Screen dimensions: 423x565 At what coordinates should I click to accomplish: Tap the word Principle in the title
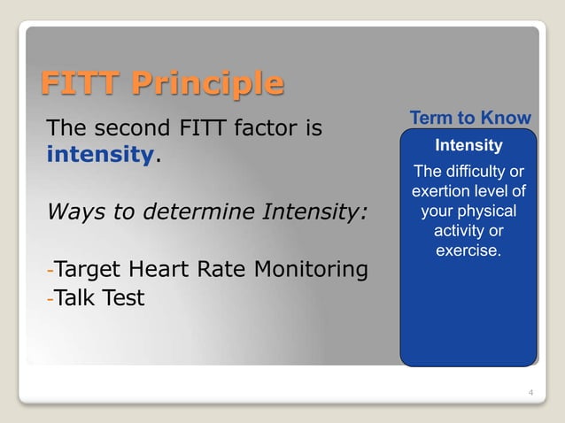click(x=208, y=85)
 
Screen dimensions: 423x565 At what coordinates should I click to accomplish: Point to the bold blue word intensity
click(x=100, y=157)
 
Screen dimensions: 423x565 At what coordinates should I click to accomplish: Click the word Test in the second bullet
click(x=124, y=298)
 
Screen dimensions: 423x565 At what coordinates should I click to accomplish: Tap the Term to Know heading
click(x=469, y=119)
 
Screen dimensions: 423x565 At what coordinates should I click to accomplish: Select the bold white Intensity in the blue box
click(x=469, y=145)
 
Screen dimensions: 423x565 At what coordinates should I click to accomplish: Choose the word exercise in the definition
click(x=467, y=251)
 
